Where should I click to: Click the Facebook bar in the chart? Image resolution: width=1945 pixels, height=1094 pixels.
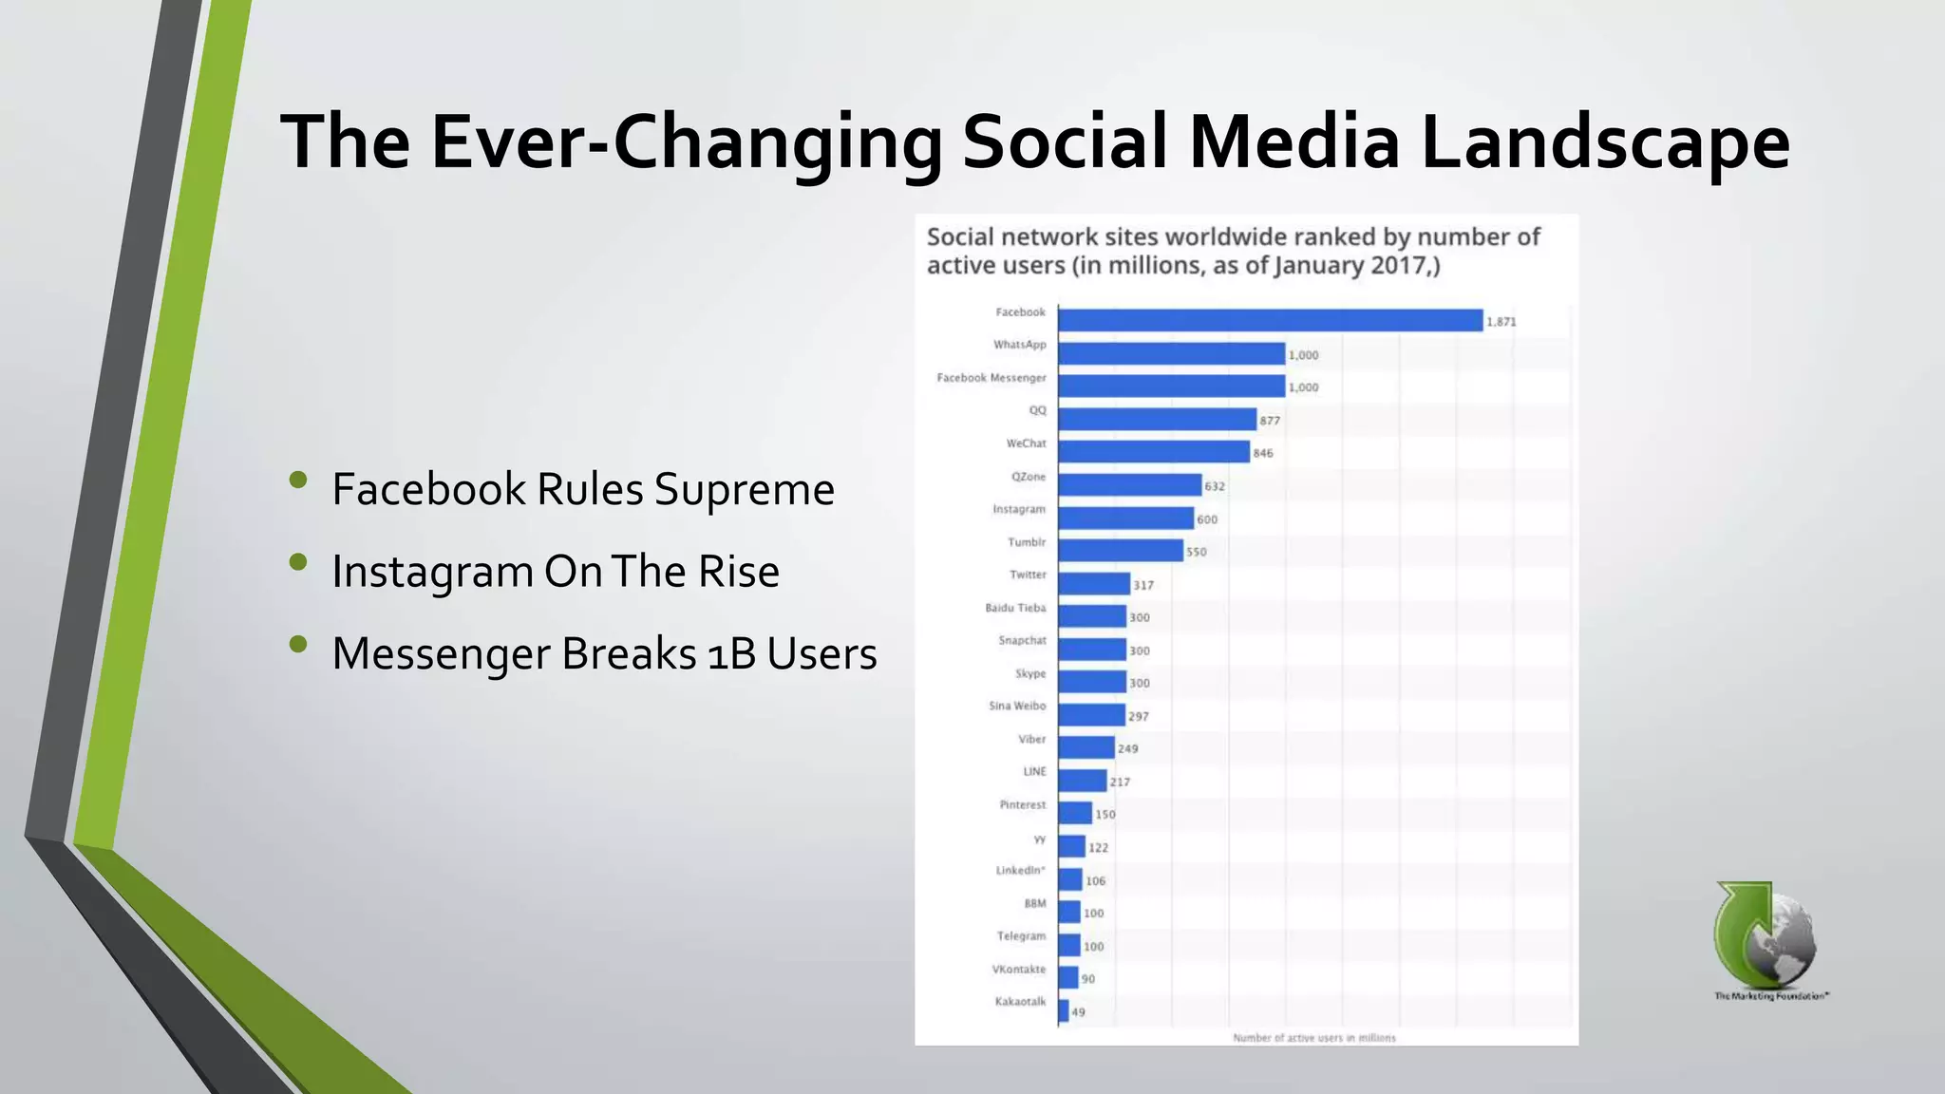[1270, 320]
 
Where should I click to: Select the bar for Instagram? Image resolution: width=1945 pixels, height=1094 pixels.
[1125, 518]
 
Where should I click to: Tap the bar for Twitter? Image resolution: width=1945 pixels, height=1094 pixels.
[1094, 583]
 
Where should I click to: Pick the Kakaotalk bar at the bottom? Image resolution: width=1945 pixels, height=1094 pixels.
[1064, 1010]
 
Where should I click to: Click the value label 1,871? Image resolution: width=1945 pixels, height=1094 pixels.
[1501, 322]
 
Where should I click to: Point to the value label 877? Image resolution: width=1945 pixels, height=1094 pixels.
[1270, 421]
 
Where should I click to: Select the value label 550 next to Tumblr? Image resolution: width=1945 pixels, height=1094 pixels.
[1196, 552]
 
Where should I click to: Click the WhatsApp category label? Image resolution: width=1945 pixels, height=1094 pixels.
[1019, 345]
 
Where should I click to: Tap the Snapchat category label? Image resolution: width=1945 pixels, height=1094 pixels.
[1022, 640]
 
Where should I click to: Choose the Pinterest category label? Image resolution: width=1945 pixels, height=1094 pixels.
[1022, 804]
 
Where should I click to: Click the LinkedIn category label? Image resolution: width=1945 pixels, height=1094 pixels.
[1020, 870]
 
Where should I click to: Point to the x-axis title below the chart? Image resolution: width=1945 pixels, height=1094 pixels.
[1313, 1038]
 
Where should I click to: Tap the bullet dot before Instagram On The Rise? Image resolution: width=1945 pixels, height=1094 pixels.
[298, 562]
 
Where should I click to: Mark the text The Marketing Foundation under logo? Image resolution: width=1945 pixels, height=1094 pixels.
[1771, 996]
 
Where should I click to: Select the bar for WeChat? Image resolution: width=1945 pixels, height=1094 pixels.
[1153, 452]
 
